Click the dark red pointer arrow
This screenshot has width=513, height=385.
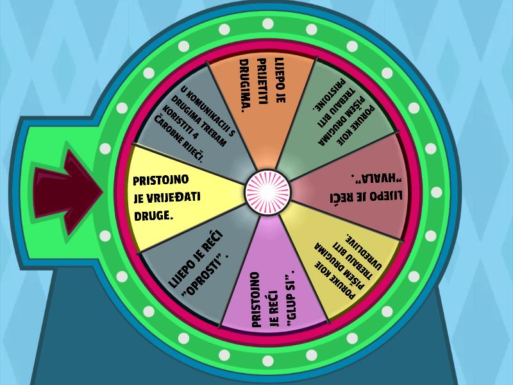[x=67, y=192]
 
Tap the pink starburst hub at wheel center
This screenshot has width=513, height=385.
[x=267, y=192]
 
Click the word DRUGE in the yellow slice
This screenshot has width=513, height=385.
[x=153, y=216]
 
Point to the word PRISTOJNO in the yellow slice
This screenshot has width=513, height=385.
[x=161, y=180]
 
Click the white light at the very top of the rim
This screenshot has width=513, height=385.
[x=268, y=24]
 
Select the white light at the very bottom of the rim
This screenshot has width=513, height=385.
[x=268, y=361]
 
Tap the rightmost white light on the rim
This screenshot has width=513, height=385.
[x=437, y=192]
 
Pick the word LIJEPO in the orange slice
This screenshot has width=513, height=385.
[x=280, y=80]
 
